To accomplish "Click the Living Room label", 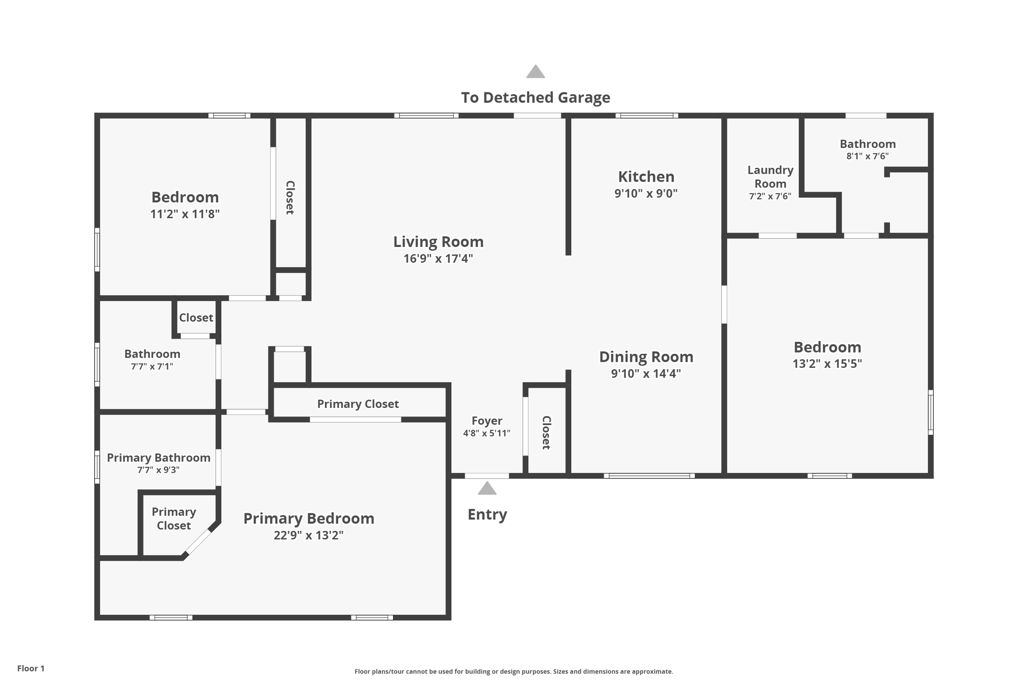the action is pos(438,242).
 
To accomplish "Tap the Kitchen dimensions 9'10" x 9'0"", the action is pos(646,193).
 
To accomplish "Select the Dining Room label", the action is pos(646,357).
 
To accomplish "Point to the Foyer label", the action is pos(487,421).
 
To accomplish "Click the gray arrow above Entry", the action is pos(487,488).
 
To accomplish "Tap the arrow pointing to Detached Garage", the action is pos(536,71).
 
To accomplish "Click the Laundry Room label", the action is pos(770,177).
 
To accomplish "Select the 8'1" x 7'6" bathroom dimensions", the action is pos(867,156).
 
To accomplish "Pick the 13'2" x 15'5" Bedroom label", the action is pos(827,347).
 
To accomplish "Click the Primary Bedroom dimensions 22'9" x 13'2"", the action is pos(309,535).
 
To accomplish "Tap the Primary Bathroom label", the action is pos(159,458).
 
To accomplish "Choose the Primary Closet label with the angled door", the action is pos(174,518).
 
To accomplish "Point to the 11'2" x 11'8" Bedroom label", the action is pos(185,197).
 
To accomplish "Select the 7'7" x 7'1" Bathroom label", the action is pos(152,354).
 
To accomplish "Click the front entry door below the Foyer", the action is pos(487,476).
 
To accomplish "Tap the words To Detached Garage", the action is pos(536,97).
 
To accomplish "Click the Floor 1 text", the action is pos(31,668).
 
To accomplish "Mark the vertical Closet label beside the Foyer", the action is pos(547,433).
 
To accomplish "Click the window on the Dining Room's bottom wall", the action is pos(649,476).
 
